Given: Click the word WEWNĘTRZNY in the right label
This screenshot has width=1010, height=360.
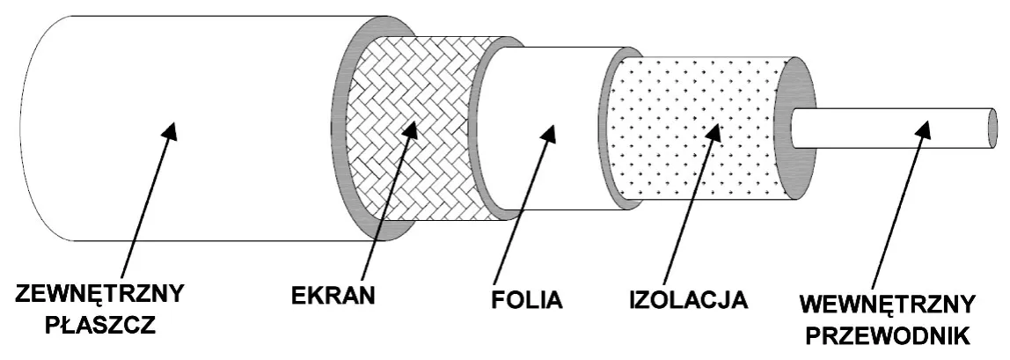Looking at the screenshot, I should click(888, 305).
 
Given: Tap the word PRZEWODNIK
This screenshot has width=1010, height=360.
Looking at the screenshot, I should click(888, 335).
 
